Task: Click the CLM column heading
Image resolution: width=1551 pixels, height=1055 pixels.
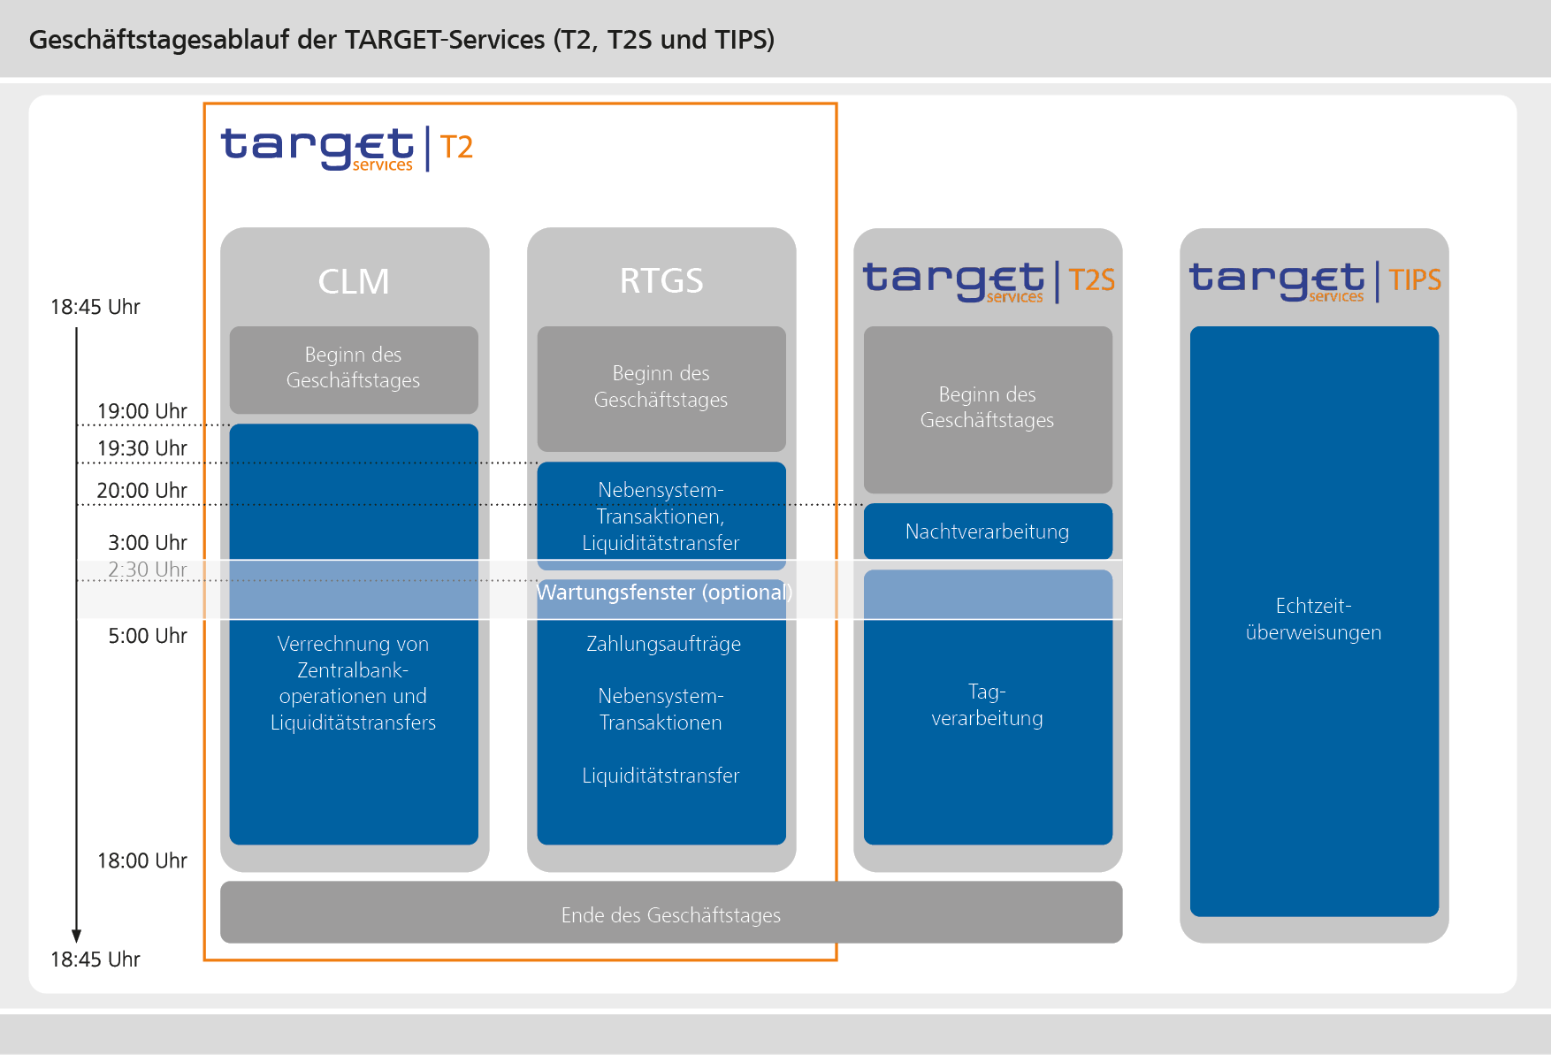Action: [354, 281]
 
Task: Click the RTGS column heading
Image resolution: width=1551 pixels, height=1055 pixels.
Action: [661, 281]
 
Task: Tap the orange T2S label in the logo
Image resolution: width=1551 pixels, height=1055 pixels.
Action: [1091, 280]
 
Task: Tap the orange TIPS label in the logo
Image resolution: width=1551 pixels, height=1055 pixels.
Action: [1414, 280]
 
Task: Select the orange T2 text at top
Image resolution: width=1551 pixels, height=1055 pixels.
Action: [456, 147]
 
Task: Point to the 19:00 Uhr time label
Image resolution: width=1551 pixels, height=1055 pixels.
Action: [141, 411]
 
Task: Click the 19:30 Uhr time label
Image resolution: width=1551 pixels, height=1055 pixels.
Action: [141, 448]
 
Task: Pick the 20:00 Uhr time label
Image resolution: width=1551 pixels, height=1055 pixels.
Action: [141, 490]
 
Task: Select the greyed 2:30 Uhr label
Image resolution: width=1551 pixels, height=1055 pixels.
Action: [147, 570]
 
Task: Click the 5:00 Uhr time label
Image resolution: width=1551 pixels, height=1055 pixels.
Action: [147, 636]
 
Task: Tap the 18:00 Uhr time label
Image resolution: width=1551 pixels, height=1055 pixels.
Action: [141, 860]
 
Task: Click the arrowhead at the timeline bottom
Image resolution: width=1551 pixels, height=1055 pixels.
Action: [76, 937]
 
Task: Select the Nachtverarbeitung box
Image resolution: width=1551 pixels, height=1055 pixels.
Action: [987, 531]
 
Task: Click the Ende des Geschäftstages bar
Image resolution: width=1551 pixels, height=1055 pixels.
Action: [670, 914]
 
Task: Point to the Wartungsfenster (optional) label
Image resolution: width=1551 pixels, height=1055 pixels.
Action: [664, 592]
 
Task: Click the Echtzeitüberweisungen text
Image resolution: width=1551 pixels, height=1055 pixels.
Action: [1313, 619]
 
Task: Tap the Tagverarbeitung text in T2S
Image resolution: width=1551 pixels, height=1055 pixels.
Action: [987, 705]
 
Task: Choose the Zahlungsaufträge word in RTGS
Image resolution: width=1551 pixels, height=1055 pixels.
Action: [663, 644]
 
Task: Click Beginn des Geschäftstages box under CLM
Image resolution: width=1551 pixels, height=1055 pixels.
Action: [353, 368]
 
